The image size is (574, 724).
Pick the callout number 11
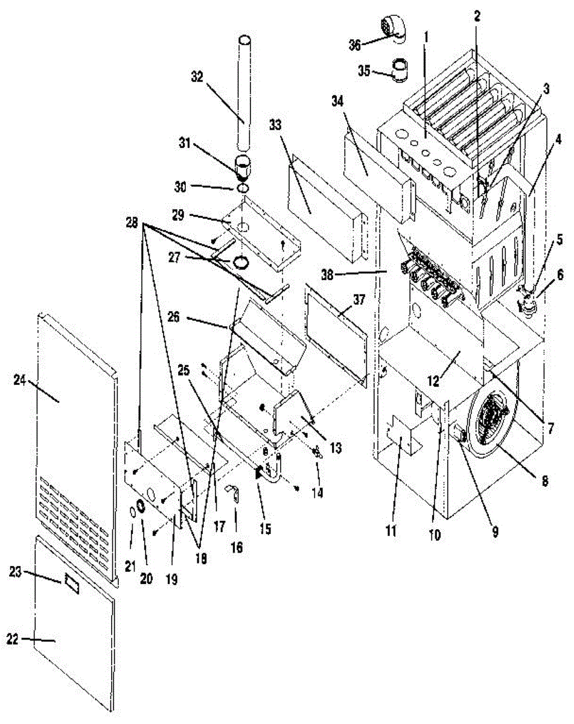pyautogui.click(x=392, y=531)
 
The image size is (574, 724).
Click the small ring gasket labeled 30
pyautogui.click(x=243, y=189)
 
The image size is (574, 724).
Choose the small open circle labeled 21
pyautogui.click(x=132, y=513)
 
